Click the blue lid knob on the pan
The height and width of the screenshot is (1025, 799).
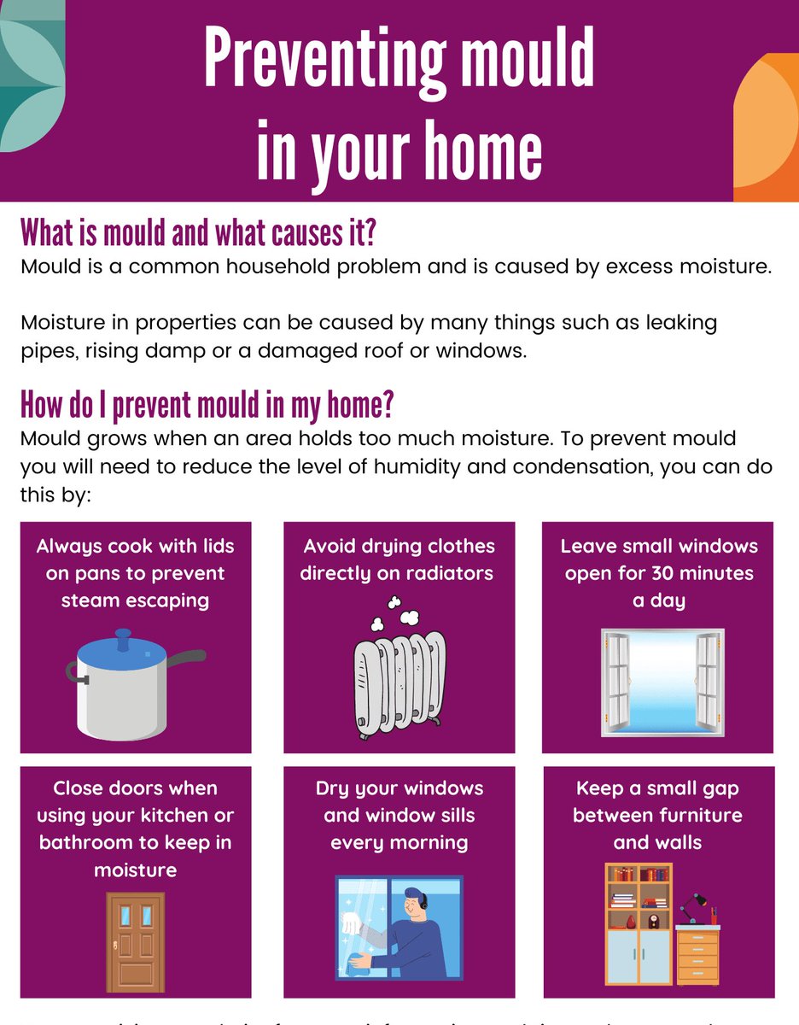pyautogui.click(x=125, y=636)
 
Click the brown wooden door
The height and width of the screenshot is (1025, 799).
pyautogui.click(x=135, y=941)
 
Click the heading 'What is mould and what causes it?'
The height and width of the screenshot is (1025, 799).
pyautogui.click(x=199, y=232)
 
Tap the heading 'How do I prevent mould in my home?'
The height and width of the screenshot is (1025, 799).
pyautogui.click(x=207, y=406)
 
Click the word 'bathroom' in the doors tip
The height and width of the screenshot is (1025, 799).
pyautogui.click(x=94, y=842)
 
